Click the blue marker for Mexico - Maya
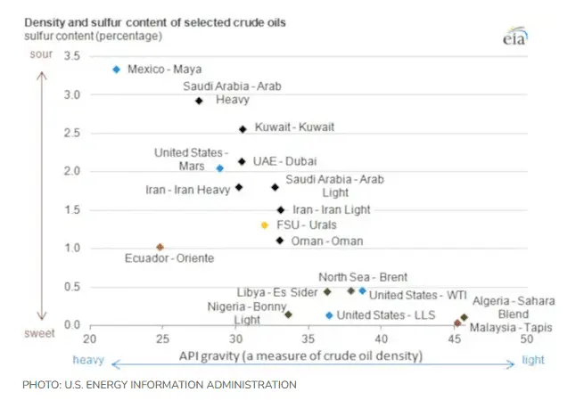coord(116,69)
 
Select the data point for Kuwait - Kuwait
coord(243,129)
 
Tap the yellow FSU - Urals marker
coord(264,225)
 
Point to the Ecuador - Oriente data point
coord(160,247)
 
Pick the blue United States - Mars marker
coord(220,168)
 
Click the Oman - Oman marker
coord(280,241)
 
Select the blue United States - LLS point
coord(329,315)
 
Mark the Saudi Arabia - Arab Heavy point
coord(199,101)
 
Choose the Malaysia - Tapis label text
coord(511,328)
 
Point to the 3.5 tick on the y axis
coord(72,56)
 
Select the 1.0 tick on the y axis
coord(72,248)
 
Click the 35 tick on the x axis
coord(308,340)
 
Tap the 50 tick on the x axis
coord(527,340)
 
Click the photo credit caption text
coord(160,385)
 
